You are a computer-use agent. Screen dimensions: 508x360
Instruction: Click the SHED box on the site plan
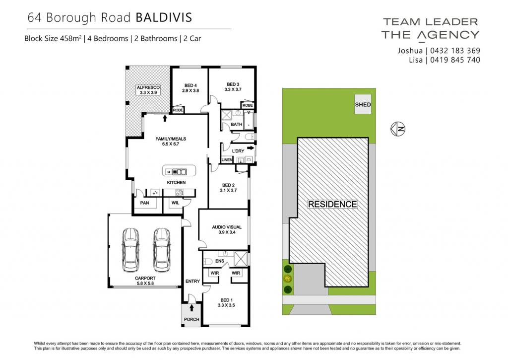click(x=363, y=104)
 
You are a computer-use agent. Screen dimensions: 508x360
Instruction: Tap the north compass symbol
click(x=398, y=129)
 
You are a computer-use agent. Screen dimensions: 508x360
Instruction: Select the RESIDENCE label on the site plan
click(x=332, y=204)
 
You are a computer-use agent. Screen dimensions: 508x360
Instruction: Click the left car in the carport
click(x=130, y=250)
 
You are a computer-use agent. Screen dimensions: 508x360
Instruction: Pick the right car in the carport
click(x=162, y=250)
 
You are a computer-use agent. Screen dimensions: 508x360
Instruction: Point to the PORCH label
click(x=191, y=319)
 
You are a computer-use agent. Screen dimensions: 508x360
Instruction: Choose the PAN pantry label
click(x=144, y=203)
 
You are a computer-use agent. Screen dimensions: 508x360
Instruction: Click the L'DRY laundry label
click(x=238, y=151)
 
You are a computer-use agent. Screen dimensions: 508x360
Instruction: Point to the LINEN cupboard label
click(x=227, y=160)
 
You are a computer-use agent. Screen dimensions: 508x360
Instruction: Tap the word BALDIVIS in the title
click(x=164, y=17)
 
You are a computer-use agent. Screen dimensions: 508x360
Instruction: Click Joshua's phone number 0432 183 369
click(x=455, y=51)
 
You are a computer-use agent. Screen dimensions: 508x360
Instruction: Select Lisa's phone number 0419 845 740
click(x=455, y=60)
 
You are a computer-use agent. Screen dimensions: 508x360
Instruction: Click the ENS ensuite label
click(x=220, y=261)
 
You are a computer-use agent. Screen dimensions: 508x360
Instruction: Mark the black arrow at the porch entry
click(x=192, y=307)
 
